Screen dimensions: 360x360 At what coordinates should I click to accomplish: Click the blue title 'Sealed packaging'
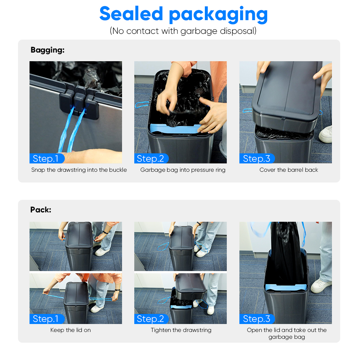click(x=184, y=14)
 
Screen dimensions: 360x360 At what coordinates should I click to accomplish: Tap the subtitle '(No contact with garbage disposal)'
click(x=183, y=31)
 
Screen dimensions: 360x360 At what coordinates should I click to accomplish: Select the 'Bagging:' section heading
click(x=48, y=50)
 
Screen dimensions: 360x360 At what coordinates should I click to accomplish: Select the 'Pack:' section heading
click(x=41, y=210)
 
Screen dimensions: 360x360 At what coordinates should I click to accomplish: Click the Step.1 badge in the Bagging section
click(x=47, y=158)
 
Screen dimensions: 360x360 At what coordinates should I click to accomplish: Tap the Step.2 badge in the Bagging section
click(x=151, y=158)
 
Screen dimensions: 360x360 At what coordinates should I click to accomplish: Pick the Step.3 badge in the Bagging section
click(x=257, y=158)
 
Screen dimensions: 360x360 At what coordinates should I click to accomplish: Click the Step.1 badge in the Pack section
click(x=47, y=319)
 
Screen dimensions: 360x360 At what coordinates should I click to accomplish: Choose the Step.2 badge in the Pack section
click(x=151, y=319)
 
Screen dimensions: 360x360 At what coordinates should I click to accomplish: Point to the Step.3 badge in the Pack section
click(x=257, y=319)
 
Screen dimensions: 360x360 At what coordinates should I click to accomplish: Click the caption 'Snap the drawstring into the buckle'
click(x=79, y=170)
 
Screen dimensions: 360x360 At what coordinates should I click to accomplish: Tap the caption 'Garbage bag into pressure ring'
click(x=183, y=170)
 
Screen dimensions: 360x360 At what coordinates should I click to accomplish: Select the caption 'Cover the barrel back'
click(x=289, y=170)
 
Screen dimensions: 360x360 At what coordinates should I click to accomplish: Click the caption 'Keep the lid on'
click(x=71, y=330)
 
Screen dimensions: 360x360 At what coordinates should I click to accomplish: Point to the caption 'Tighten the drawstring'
click(x=181, y=330)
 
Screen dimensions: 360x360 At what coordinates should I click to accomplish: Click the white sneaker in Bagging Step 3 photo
click(x=325, y=134)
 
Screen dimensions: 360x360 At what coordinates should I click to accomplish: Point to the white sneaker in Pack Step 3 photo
click(x=321, y=285)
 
